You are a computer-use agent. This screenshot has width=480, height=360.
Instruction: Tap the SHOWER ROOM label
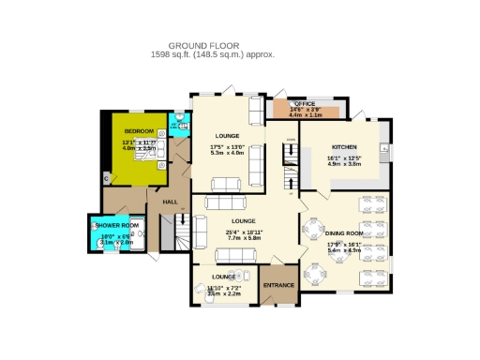[116, 226]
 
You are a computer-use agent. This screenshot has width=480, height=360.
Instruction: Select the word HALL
[170, 202]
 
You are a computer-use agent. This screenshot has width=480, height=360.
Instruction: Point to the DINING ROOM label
[343, 232]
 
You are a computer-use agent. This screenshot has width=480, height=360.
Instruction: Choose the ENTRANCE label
[278, 284]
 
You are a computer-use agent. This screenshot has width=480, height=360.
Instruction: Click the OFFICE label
[305, 104]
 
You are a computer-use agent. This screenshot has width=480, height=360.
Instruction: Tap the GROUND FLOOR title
[204, 45]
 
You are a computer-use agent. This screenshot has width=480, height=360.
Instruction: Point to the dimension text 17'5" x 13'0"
[227, 147]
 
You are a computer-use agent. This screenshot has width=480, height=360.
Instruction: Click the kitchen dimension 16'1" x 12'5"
[343, 158]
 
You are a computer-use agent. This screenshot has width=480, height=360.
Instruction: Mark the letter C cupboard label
[106, 178]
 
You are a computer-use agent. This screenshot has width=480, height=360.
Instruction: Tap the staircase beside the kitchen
[290, 169]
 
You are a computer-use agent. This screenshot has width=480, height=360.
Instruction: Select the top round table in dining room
[312, 228]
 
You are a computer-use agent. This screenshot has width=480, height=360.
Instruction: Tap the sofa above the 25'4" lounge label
[226, 203]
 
